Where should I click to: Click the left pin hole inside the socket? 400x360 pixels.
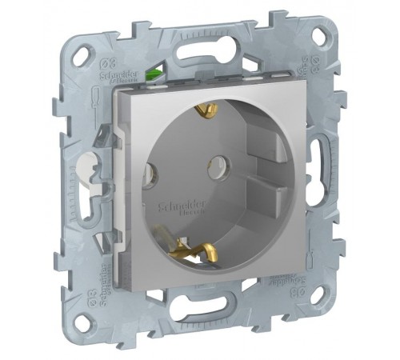coord(149,170)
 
